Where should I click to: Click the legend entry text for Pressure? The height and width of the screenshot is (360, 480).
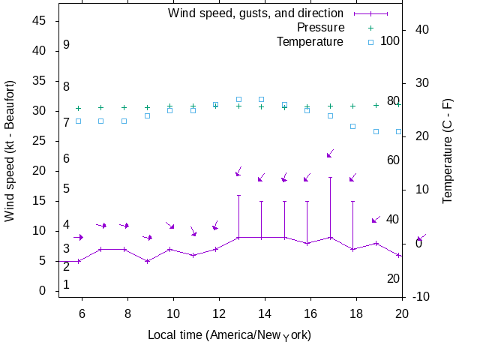[x=310, y=27]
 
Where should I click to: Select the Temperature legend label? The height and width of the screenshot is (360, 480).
[x=310, y=41]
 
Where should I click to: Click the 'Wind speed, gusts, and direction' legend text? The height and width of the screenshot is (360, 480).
[x=255, y=13]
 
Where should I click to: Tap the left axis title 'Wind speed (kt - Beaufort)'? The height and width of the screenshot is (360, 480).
[x=10, y=151]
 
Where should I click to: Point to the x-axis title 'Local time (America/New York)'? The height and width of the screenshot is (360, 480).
[x=229, y=334]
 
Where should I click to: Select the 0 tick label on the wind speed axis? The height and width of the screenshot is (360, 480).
[x=43, y=291]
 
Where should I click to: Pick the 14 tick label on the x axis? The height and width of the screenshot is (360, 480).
[x=265, y=313]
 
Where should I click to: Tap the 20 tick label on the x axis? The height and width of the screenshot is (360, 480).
[x=402, y=313]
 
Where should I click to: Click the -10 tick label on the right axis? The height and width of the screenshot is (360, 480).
[x=421, y=297]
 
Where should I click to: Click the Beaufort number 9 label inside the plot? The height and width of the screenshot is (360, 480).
[x=67, y=45]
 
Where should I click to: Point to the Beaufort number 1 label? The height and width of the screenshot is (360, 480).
[x=67, y=284]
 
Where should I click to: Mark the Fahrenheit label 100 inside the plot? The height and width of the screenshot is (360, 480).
[x=390, y=40]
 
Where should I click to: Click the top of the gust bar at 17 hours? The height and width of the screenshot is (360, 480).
[x=330, y=177]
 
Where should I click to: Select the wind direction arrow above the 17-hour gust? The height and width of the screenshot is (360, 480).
[x=330, y=154]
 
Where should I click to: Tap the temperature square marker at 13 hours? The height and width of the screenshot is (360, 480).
[x=238, y=99]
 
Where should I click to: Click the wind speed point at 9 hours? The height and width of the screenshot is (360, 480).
[x=148, y=261]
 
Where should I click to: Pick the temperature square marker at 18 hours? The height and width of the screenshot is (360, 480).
[x=353, y=126]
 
